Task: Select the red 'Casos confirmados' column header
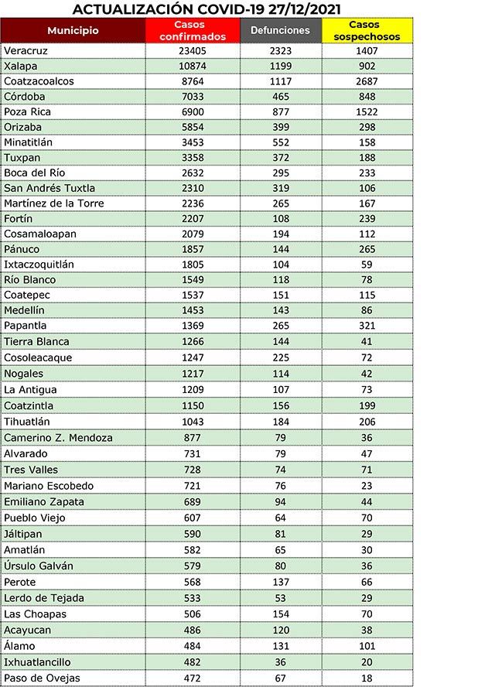[193, 31]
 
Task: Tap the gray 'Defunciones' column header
[280, 31]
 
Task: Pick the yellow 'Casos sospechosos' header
[367, 31]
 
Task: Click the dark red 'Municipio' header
[73, 31]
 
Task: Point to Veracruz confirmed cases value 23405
[193, 50]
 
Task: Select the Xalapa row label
[21, 66]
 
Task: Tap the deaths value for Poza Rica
[280, 111]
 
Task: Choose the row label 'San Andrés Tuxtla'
[49, 188]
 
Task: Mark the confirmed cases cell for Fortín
[193, 219]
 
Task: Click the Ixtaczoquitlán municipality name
[39, 264]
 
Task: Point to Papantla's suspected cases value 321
[367, 326]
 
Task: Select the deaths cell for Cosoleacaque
[280, 357]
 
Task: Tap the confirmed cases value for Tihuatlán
[193, 422]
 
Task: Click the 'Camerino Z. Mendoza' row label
[59, 438]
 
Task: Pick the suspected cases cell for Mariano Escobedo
[367, 486]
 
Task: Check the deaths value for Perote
[280, 582]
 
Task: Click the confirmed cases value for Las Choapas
[193, 614]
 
